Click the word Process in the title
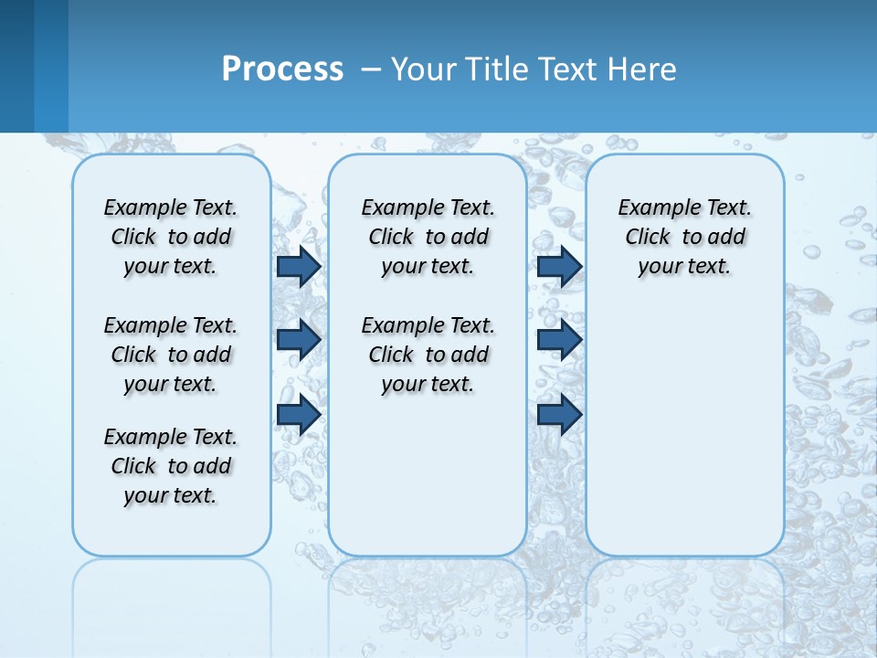pos(282,69)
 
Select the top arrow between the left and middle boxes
pos(299,266)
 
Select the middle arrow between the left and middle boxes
pos(299,340)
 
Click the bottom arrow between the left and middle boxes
pos(299,414)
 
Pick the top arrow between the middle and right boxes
pos(559,266)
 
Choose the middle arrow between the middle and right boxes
pos(559,340)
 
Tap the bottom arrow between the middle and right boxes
pos(559,414)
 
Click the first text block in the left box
pos(171,237)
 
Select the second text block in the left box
pos(171,355)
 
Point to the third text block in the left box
pos(171,466)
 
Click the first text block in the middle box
pos(428,237)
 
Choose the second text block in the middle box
pos(428,355)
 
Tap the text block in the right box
pos(685,237)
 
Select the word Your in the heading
pos(425,69)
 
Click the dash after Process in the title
pos(371,69)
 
